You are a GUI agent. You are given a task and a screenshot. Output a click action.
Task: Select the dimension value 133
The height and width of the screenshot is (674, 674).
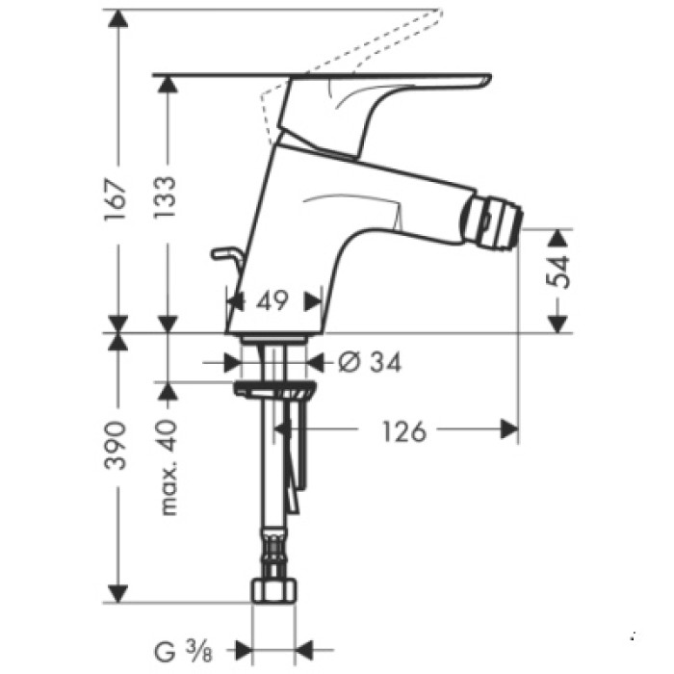[x=165, y=197]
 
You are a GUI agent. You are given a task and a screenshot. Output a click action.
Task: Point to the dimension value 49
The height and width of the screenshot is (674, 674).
[x=273, y=301]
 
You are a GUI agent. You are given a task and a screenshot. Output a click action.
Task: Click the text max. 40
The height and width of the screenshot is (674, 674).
[x=169, y=468]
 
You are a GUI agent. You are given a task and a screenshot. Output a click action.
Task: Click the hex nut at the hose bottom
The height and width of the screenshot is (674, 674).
[x=272, y=590]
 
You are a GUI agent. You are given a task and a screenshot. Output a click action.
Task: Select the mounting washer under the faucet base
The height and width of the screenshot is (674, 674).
[x=275, y=389]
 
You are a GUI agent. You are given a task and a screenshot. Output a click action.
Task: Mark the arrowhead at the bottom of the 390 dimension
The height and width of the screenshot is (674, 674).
[x=117, y=591]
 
